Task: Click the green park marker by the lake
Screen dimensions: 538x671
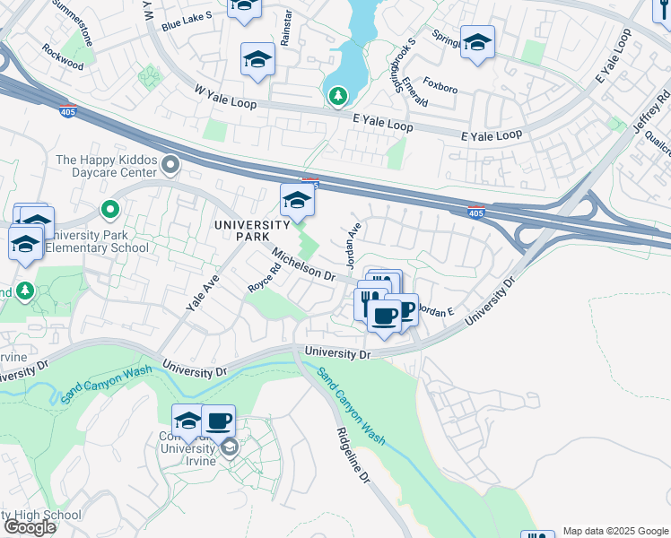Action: click(337, 94)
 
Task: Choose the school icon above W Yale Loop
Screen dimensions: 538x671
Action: click(257, 60)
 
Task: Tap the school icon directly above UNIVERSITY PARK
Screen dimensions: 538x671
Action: click(297, 201)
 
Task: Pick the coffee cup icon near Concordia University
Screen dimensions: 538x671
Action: click(218, 420)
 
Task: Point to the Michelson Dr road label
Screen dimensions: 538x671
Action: click(304, 265)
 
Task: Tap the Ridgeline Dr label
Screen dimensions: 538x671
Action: click(353, 453)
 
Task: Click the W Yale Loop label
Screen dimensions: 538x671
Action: click(225, 97)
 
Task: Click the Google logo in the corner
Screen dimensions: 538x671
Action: click(29, 527)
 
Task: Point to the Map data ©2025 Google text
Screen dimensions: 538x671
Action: click(614, 531)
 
